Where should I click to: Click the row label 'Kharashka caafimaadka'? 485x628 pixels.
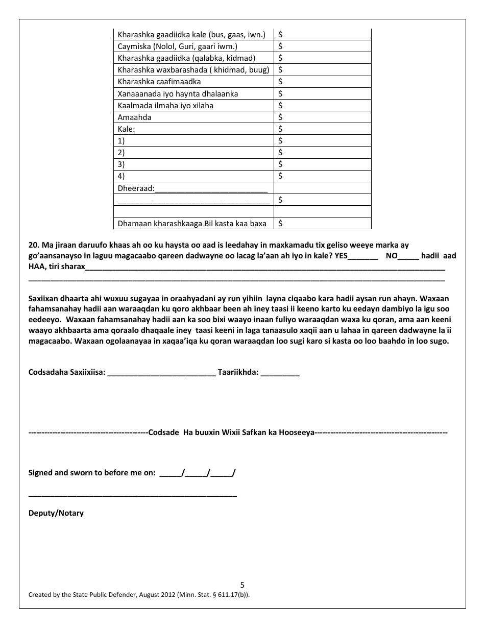click(159, 82)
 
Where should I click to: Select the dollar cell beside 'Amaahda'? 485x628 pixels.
click(322, 117)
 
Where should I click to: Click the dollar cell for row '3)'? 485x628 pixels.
click(322, 164)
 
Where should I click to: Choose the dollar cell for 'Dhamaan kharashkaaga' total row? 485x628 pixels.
click(322, 224)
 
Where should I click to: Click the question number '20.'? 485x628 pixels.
click(34, 246)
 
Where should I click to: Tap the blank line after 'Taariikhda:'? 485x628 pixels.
click(280, 374)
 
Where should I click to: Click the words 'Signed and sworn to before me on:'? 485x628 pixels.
click(92, 473)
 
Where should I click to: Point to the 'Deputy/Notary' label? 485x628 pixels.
click(56, 513)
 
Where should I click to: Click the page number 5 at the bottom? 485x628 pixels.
click(243, 585)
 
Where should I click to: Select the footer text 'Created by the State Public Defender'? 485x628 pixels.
click(88, 595)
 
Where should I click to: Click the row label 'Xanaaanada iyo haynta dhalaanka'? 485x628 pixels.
click(178, 94)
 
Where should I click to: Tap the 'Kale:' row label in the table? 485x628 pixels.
click(126, 129)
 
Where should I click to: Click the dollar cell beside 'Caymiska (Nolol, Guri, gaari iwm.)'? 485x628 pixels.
click(322, 46)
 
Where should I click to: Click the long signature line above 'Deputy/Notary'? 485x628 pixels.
click(132, 495)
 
